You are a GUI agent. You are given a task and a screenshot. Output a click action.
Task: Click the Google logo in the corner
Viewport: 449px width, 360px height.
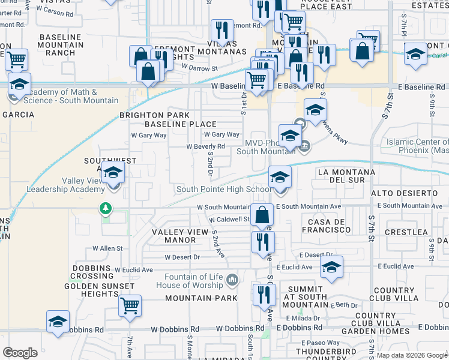click(x=20, y=352)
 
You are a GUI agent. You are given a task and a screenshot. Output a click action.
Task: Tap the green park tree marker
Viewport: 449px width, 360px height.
click(x=106, y=208)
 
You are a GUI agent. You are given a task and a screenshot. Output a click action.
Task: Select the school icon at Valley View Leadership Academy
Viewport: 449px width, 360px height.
click(x=112, y=174)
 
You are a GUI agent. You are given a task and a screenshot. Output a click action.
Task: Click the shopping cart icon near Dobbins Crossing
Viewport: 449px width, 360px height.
click(x=130, y=306)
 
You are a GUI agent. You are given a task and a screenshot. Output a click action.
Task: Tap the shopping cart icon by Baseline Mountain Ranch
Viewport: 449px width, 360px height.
click(x=16, y=59)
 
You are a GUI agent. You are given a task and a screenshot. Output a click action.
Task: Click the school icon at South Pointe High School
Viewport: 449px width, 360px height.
click(x=280, y=178)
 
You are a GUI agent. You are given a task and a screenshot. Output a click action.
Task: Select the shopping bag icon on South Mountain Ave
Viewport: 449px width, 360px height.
click(x=262, y=215)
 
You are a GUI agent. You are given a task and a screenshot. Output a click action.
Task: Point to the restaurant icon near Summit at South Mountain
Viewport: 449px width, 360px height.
click(x=264, y=295)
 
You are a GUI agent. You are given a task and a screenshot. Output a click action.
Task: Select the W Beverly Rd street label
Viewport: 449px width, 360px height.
click(x=205, y=146)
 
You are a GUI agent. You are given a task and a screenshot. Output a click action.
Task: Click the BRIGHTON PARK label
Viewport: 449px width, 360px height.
click(x=154, y=115)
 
